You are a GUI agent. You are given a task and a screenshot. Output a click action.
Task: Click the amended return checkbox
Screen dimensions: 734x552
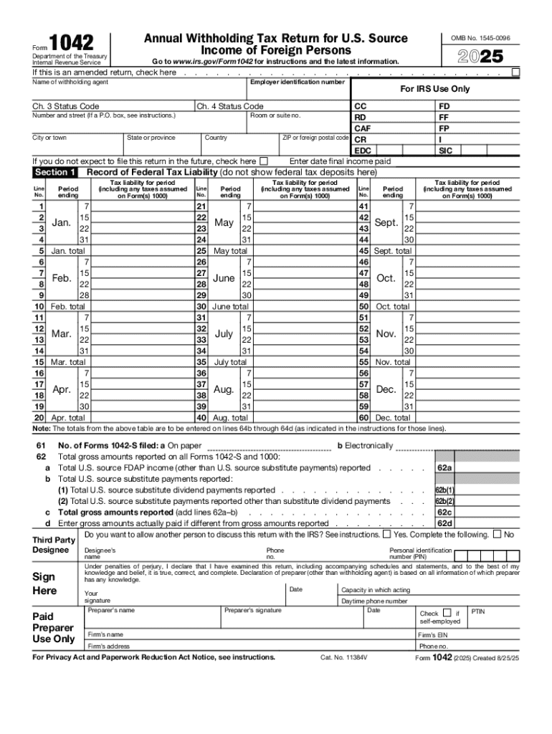click(516, 72)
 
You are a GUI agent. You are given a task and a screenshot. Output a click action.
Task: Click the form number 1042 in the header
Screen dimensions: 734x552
click(72, 44)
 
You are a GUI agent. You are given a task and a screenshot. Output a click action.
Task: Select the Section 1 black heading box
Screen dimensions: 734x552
click(55, 172)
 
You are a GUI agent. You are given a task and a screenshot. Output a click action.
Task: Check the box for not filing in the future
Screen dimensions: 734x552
click(264, 161)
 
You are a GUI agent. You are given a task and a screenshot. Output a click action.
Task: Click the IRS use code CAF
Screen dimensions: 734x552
click(363, 128)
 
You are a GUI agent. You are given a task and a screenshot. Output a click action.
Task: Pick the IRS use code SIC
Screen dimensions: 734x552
click(445, 151)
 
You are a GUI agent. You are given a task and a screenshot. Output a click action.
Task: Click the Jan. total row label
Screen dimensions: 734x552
click(68, 251)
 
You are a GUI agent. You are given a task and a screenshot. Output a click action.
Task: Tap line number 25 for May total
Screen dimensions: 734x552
click(201, 251)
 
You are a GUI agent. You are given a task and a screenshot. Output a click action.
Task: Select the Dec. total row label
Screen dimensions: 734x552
click(393, 417)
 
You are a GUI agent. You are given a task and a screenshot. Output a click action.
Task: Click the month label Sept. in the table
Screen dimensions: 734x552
click(386, 223)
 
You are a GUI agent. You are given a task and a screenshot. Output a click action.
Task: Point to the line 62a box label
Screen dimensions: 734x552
click(444, 468)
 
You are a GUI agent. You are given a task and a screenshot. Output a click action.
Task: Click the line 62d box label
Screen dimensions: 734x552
click(444, 523)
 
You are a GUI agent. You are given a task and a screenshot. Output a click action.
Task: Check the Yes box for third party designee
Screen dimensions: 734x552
click(387, 534)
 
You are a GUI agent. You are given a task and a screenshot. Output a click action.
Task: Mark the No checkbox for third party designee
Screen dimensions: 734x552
click(497, 534)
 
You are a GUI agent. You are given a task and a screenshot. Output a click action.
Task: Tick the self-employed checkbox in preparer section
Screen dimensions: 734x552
click(447, 613)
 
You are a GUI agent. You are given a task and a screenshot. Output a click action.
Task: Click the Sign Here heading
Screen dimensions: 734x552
click(44, 583)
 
